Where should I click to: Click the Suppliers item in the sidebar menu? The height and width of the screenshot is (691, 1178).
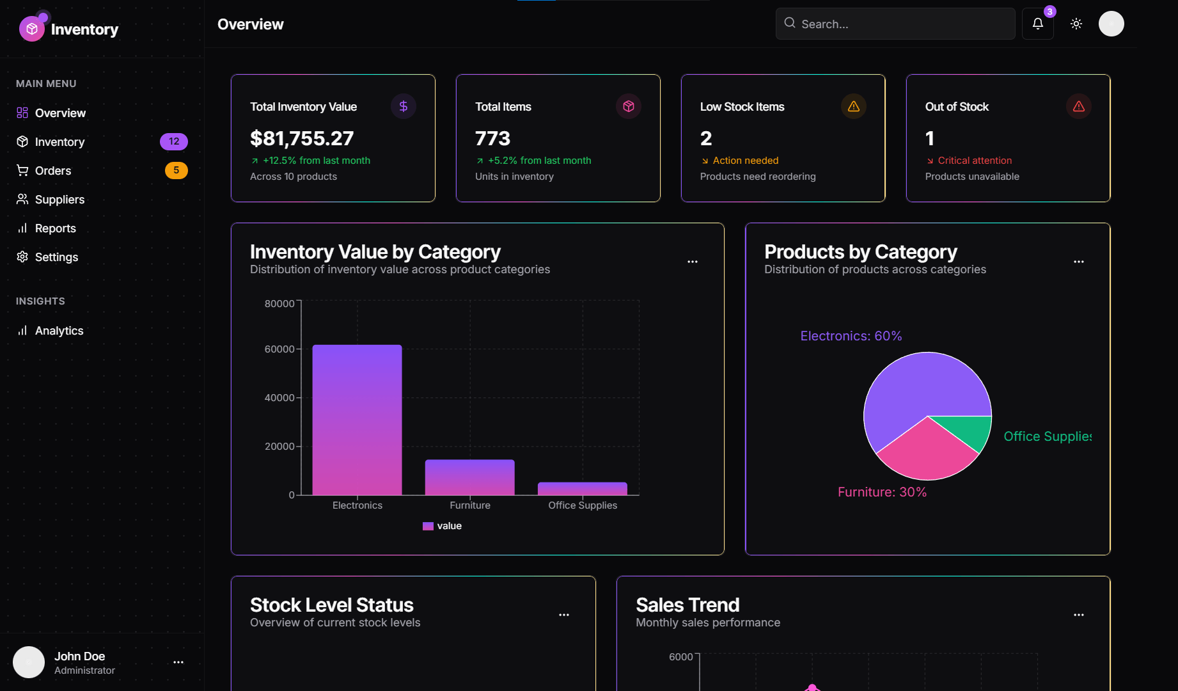59,200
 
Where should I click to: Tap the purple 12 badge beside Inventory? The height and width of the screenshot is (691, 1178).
173,141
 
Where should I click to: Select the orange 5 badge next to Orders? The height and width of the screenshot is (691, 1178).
176,170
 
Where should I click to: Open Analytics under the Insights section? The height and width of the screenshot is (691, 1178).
59,331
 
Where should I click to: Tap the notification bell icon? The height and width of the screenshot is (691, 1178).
1037,24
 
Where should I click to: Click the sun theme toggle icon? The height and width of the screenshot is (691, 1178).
1076,24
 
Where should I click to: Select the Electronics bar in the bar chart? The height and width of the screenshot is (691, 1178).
357,420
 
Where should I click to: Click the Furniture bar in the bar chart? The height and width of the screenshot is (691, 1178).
469,477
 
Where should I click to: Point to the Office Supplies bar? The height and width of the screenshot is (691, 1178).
582,488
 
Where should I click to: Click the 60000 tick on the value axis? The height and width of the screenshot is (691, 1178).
279,349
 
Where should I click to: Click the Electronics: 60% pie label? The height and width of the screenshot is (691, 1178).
851,336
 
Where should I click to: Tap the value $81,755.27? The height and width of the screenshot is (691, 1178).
302,138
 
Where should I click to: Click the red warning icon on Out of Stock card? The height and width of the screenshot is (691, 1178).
1078,106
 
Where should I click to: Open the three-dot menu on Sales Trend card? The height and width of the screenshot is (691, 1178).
1078,615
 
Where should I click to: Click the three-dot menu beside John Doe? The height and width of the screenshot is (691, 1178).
178,662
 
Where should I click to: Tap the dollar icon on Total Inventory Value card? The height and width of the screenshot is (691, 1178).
403,106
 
